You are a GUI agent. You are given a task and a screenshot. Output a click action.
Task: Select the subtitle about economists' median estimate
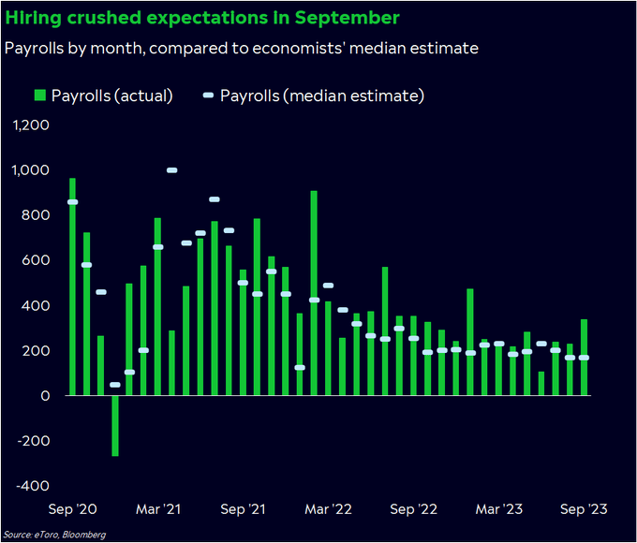(x=242, y=48)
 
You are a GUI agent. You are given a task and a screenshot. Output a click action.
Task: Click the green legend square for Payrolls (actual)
(x=39, y=95)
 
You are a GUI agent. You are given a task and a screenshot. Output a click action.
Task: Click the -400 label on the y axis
(x=31, y=486)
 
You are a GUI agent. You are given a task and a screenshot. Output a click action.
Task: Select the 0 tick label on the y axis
(x=42, y=396)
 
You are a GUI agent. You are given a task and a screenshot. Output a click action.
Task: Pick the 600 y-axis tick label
(x=35, y=260)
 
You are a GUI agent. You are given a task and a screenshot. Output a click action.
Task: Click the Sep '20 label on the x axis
(x=73, y=509)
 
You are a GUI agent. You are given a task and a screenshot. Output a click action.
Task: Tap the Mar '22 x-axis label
(x=329, y=509)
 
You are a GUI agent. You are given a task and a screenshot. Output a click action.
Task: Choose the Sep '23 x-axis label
(x=584, y=509)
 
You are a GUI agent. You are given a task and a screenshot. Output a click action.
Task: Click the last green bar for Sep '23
(x=584, y=358)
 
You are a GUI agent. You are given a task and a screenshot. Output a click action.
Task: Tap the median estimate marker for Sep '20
(x=73, y=202)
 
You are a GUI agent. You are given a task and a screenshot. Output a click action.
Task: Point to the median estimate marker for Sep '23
(x=584, y=358)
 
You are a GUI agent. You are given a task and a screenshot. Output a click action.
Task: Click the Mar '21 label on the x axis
(x=158, y=509)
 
